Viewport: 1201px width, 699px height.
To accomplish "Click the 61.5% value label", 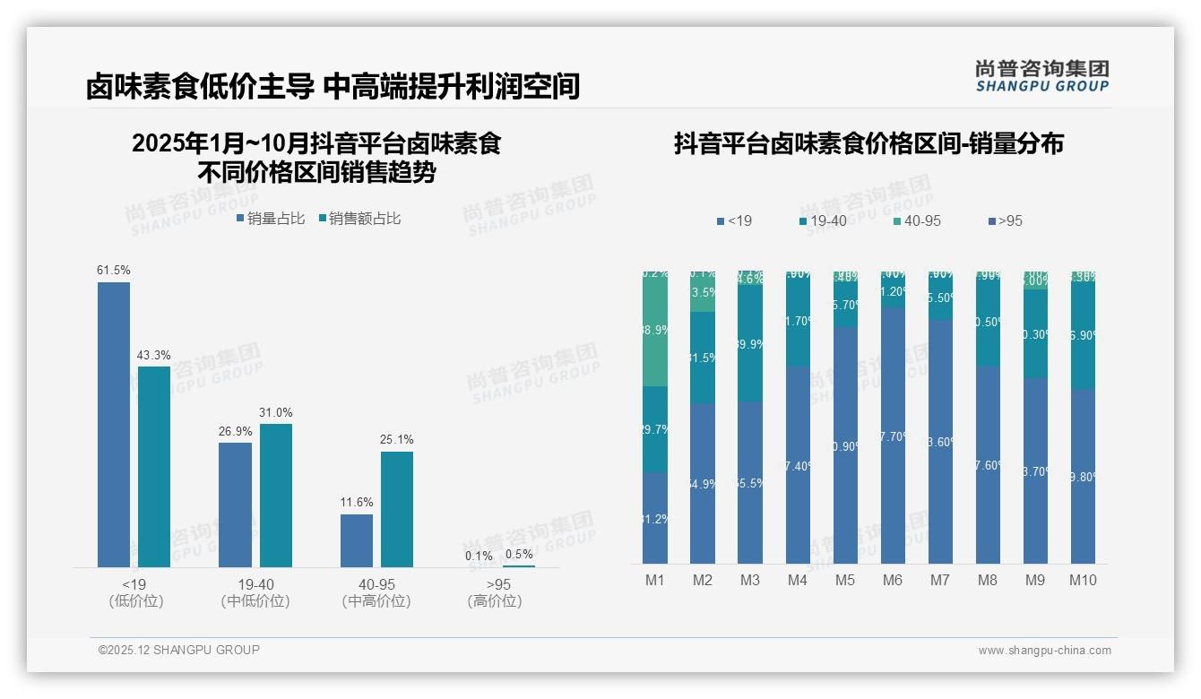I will [114, 270].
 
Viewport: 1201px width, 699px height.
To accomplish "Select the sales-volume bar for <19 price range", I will [114, 425].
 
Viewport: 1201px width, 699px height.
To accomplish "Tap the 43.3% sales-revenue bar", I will [154, 466].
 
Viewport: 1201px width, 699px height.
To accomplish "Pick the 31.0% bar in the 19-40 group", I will [276, 495].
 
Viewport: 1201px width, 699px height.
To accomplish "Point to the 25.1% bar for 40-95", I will [397, 509].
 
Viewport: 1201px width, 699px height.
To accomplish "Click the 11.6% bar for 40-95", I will [357, 540].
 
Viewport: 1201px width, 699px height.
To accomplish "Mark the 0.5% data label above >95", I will [519, 554].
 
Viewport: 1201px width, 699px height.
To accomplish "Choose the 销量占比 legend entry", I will [271, 219].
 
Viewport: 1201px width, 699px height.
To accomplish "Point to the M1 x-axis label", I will [655, 580].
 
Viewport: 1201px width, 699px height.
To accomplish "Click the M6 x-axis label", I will [893, 580].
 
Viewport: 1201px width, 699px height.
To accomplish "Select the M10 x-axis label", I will [1083, 580].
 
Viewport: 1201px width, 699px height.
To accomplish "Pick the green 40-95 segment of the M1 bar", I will [655, 330].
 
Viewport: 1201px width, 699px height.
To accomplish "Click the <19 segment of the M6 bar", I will [893, 436].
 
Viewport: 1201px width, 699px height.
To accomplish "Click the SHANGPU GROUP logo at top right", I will [1041, 76].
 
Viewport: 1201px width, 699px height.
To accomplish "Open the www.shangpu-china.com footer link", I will [1044, 651].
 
